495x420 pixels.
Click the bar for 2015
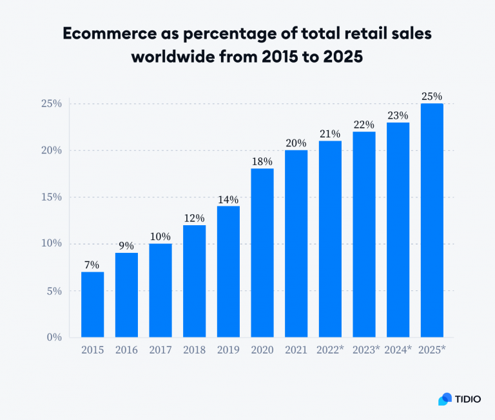tap(92, 305)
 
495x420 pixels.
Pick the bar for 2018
tap(194, 281)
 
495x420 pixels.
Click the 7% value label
tap(92, 265)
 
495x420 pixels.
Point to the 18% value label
tap(262, 161)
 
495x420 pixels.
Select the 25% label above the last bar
tap(432, 96)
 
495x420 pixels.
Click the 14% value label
tap(228, 199)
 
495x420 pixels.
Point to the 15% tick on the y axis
tap(50, 197)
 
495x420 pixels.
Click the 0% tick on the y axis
tap(53, 337)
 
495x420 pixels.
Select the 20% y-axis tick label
tap(50, 150)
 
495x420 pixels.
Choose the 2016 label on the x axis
tap(126, 350)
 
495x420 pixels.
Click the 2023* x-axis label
tap(365, 350)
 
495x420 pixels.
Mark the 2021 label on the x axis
tap(296, 350)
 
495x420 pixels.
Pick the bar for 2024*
tap(398, 230)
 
